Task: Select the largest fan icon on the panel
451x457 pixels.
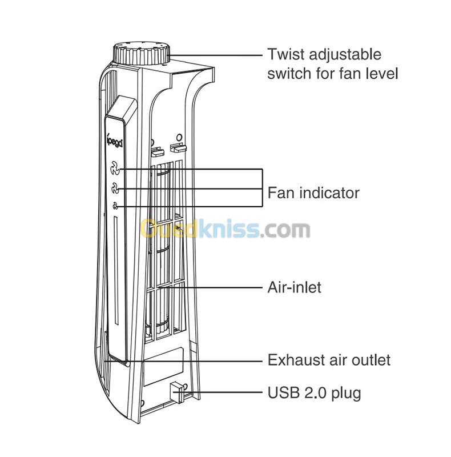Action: pos(115,169)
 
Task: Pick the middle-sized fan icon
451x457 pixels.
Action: pos(115,188)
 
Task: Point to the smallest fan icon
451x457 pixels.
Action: pos(116,206)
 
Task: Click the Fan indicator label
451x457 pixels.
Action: pos(313,193)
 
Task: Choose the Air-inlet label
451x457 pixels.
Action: pos(294,287)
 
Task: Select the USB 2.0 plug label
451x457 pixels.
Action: pos(314,394)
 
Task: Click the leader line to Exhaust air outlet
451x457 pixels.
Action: pos(184,361)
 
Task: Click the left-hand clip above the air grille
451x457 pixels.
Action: pos(158,150)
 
